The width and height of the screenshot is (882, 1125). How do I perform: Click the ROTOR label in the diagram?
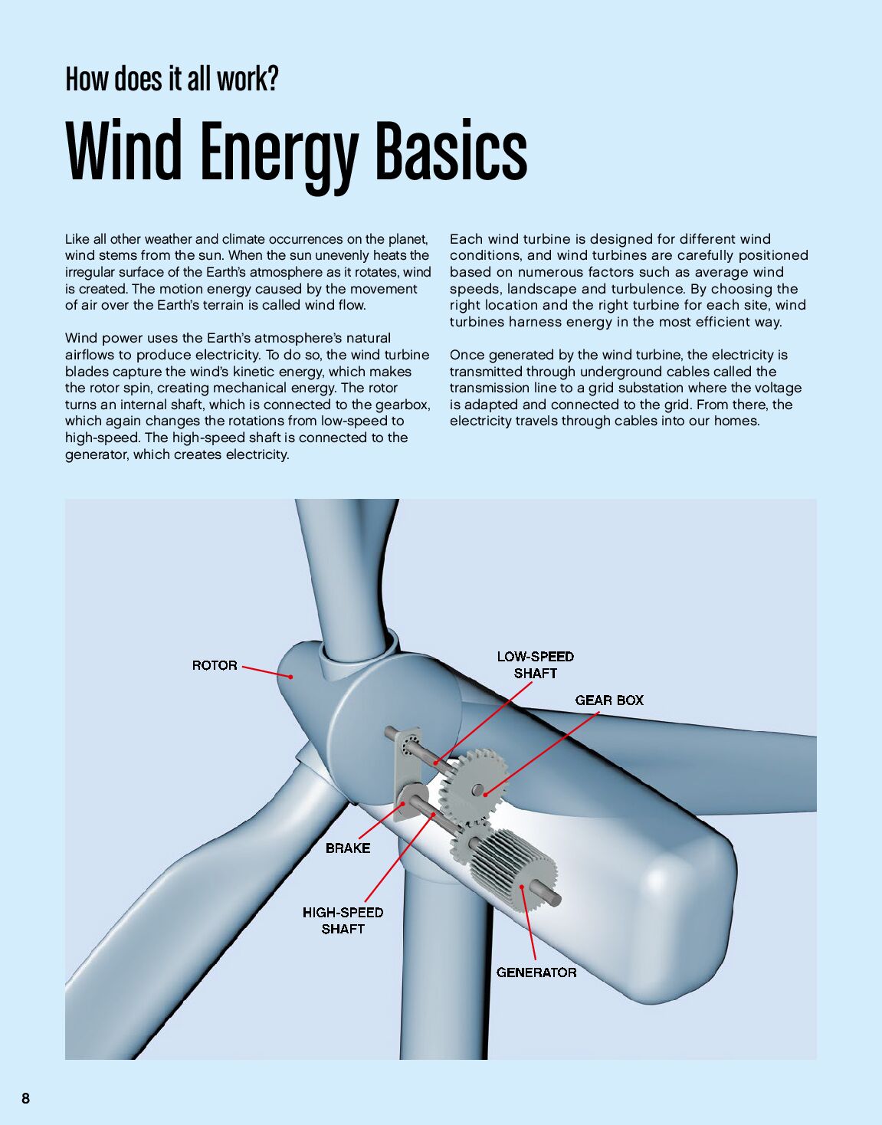(x=215, y=665)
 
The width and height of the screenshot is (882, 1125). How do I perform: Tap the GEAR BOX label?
(x=609, y=700)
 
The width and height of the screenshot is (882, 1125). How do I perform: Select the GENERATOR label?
(x=536, y=972)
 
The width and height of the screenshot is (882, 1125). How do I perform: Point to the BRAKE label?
(x=348, y=848)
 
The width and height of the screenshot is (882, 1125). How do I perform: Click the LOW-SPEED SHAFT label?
(x=536, y=664)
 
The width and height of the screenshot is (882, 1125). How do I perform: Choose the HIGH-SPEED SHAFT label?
(x=343, y=920)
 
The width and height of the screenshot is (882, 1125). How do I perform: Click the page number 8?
(x=26, y=1098)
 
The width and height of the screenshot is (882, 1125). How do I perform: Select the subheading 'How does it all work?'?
(x=172, y=79)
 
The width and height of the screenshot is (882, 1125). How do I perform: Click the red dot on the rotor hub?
(x=291, y=677)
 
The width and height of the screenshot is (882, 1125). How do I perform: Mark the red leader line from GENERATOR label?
(x=529, y=923)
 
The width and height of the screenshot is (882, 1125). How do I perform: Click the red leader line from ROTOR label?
(x=266, y=671)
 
